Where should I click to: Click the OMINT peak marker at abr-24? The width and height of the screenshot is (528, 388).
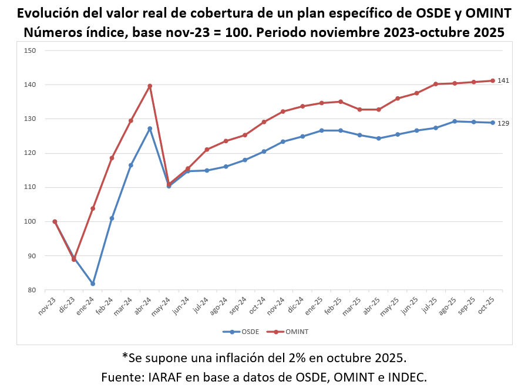(x=150, y=86)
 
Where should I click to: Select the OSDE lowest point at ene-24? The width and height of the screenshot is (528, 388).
(x=93, y=284)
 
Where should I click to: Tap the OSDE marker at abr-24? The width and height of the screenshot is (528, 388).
(x=150, y=129)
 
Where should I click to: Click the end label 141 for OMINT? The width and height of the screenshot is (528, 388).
(x=503, y=80)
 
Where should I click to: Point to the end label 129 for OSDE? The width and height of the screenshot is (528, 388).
(x=503, y=123)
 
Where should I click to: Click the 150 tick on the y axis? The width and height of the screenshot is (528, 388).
(x=31, y=50)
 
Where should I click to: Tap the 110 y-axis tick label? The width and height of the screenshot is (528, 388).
(x=31, y=187)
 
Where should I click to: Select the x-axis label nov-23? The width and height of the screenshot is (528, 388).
(x=48, y=306)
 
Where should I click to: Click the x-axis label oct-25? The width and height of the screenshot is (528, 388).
(x=486, y=306)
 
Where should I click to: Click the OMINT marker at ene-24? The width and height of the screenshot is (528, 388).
(x=93, y=208)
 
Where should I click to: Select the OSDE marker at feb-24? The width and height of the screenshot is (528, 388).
(x=112, y=218)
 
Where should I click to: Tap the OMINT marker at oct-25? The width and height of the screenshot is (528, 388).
(x=493, y=80)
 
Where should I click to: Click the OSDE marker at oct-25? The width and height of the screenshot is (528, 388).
(x=493, y=123)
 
